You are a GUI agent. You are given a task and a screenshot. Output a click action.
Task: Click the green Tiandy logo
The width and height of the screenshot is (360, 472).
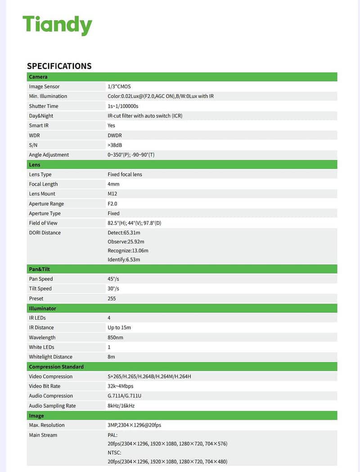[57, 25]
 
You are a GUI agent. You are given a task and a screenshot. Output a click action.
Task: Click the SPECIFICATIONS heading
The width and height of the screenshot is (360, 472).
[59, 66]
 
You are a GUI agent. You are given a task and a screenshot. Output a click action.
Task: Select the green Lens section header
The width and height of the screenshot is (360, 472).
[35, 165]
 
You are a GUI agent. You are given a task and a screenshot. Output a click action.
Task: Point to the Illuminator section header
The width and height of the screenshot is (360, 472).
[42, 309]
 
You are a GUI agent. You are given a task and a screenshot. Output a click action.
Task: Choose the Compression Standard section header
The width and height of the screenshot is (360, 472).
[56, 367]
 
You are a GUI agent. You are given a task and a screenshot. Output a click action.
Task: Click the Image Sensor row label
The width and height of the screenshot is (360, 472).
[44, 86]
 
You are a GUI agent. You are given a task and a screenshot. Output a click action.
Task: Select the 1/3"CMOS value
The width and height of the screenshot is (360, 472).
[119, 86]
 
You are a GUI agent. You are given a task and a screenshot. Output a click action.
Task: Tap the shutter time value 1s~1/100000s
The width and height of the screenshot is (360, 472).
[123, 106]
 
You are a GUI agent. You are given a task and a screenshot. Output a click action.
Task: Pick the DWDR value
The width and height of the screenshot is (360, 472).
[115, 135]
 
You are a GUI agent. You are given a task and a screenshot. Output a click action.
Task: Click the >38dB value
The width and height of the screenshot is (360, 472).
[115, 145]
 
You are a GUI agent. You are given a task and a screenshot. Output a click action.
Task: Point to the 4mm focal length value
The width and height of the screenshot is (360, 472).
[113, 184]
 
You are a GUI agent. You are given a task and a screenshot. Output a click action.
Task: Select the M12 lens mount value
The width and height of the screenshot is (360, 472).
[113, 194]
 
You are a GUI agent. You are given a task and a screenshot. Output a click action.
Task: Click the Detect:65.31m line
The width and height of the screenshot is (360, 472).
[124, 233]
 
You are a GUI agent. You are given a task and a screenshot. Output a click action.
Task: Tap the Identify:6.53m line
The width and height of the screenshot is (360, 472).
[124, 259]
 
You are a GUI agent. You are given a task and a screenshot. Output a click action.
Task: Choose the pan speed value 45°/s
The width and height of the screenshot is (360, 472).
[113, 279]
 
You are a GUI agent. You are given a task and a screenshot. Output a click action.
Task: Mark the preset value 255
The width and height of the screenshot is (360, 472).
[112, 299]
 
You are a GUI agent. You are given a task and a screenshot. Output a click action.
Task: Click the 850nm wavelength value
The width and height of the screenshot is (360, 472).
[116, 337]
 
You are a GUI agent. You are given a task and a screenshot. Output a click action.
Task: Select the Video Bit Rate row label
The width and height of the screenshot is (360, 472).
[45, 386]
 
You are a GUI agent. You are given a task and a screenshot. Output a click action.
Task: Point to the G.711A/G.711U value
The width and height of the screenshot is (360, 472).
[125, 396]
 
